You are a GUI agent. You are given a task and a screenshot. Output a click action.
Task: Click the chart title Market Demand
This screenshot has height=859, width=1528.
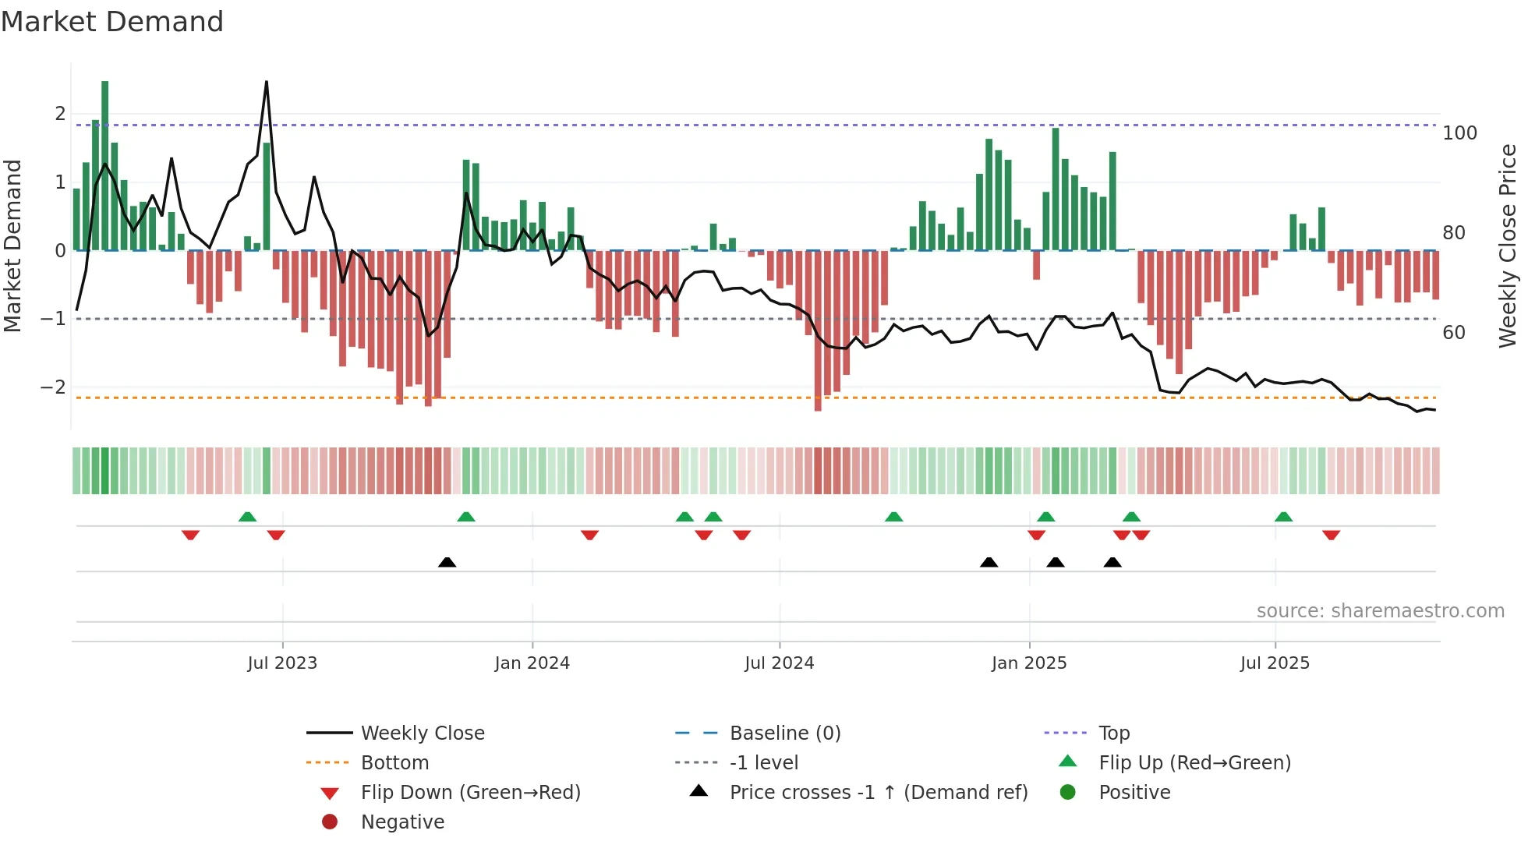click(112, 22)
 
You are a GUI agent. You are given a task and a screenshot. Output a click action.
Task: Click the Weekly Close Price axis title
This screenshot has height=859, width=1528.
click(1508, 246)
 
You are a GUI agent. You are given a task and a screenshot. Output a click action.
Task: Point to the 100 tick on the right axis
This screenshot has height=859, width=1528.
click(1459, 133)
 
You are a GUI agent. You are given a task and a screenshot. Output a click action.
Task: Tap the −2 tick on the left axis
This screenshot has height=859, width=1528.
click(53, 387)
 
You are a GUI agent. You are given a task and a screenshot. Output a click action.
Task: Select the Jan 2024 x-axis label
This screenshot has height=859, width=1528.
click(532, 663)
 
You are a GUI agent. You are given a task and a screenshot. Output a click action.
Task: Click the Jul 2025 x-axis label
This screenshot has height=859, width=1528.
click(1275, 663)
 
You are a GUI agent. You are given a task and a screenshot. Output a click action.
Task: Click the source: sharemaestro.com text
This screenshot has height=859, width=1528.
click(1380, 611)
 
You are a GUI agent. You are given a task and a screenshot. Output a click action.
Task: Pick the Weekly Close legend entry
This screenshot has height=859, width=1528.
click(422, 734)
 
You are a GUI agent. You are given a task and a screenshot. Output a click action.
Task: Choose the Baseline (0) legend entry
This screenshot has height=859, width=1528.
click(784, 734)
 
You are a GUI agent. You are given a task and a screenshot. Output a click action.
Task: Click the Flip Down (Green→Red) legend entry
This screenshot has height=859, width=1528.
click(470, 793)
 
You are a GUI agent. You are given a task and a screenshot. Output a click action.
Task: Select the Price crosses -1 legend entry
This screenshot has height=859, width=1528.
click(878, 793)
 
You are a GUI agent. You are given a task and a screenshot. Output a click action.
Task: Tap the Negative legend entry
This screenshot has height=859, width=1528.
click(402, 822)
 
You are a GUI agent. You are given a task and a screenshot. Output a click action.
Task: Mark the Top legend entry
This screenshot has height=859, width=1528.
click(1113, 734)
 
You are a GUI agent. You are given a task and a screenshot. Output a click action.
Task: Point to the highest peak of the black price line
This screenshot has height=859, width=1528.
click(267, 83)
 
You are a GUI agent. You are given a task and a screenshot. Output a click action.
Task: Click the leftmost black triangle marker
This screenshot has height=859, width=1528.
click(447, 562)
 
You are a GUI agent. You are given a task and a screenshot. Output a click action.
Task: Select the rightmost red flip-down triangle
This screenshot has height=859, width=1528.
click(1331, 535)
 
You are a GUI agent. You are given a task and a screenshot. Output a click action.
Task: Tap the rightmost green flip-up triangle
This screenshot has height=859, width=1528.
click(1283, 517)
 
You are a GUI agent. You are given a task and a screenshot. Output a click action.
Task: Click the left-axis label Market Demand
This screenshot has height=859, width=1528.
click(12, 246)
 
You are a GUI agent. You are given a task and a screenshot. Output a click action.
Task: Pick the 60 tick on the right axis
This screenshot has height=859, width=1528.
click(1453, 333)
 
